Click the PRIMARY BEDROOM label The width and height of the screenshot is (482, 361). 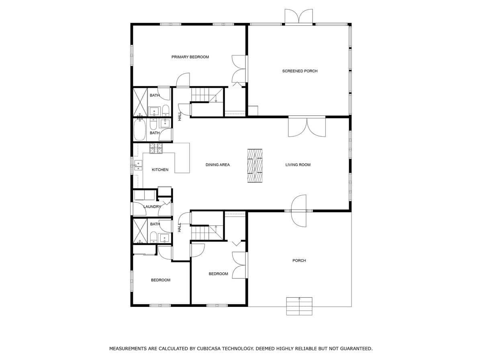[x=190, y=57]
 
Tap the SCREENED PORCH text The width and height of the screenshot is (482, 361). [x=300, y=71]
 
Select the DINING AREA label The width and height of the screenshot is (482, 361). [x=217, y=165]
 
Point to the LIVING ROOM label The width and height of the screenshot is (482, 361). [x=298, y=165]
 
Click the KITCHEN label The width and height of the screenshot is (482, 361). [x=160, y=170]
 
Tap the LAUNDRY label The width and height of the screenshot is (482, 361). [x=152, y=207]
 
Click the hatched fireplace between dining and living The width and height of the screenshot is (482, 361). [x=255, y=166]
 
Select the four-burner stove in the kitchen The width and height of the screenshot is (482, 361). [x=156, y=148]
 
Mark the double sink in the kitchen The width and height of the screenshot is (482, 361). [x=138, y=166]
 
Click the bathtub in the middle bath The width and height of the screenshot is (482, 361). [x=139, y=129]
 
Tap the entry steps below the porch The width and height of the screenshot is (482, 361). [x=299, y=306]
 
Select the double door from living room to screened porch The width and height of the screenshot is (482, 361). [x=307, y=127]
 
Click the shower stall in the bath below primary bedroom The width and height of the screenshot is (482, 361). [x=140, y=101]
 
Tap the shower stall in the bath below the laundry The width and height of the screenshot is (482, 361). [x=140, y=231]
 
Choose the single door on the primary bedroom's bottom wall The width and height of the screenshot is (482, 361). [x=183, y=80]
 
